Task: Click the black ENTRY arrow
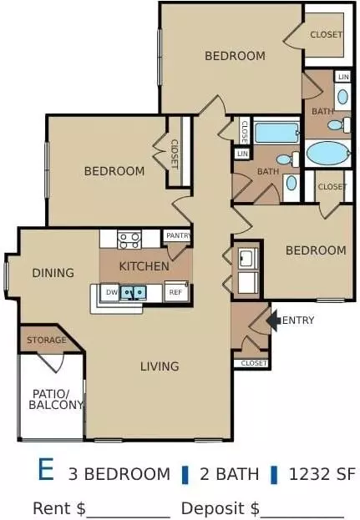pos(274,321)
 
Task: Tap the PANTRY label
pos(178,235)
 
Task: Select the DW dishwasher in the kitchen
pos(112,292)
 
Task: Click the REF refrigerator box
pos(176,292)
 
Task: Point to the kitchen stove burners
pos(129,240)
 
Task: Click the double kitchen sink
pos(134,293)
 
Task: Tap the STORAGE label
pos(47,340)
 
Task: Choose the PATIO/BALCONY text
pos(55,399)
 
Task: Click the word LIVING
pos(160,366)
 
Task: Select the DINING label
pos(53,273)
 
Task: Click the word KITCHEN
pos(144,266)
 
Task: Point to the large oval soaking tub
pos(327,154)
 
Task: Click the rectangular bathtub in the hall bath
pos(276,133)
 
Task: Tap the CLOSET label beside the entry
pos(254,363)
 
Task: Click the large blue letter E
pos(46,469)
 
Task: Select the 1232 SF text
pos(322,474)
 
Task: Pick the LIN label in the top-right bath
pos(343,77)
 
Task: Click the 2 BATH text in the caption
pos(229,474)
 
